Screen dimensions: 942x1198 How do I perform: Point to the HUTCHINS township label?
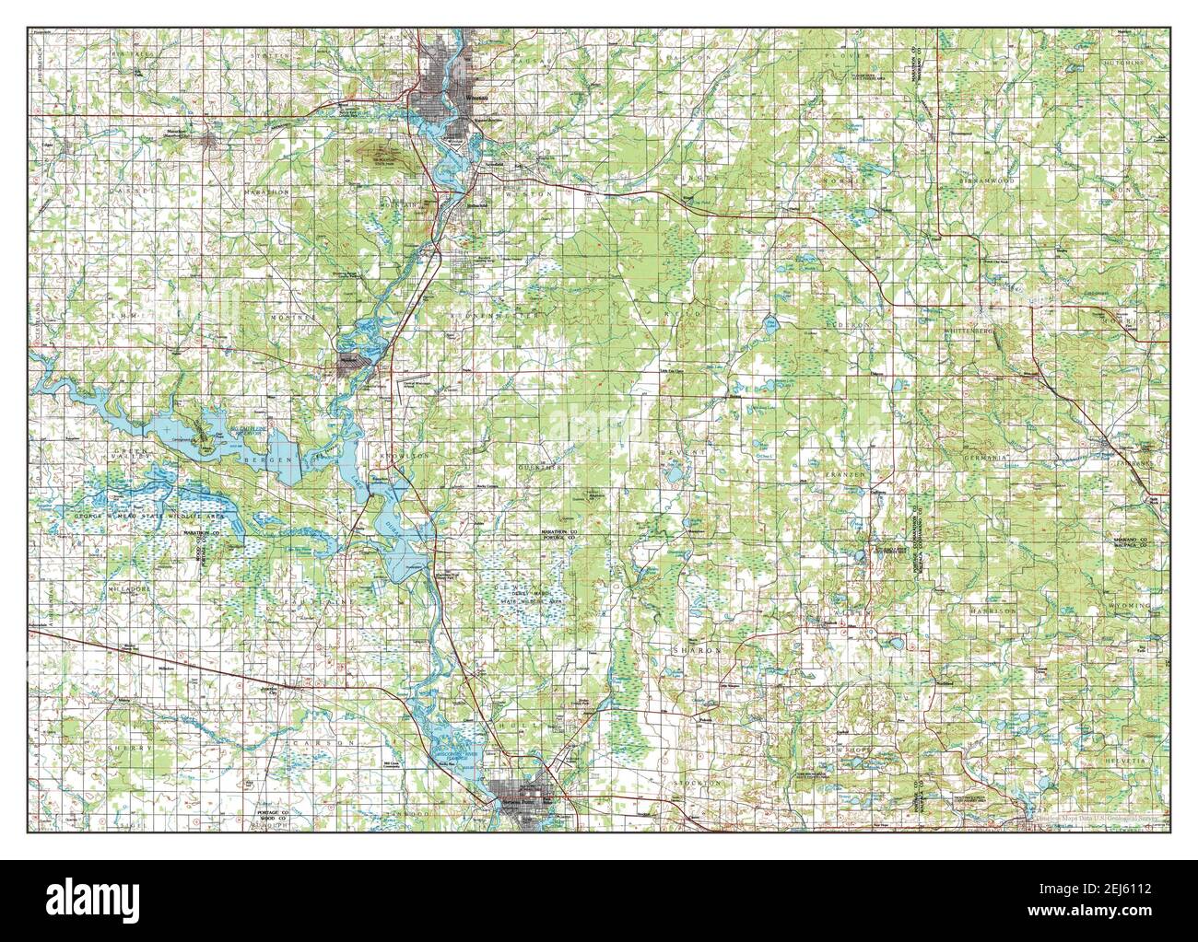point(1124,63)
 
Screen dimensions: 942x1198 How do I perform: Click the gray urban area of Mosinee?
point(352,366)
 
